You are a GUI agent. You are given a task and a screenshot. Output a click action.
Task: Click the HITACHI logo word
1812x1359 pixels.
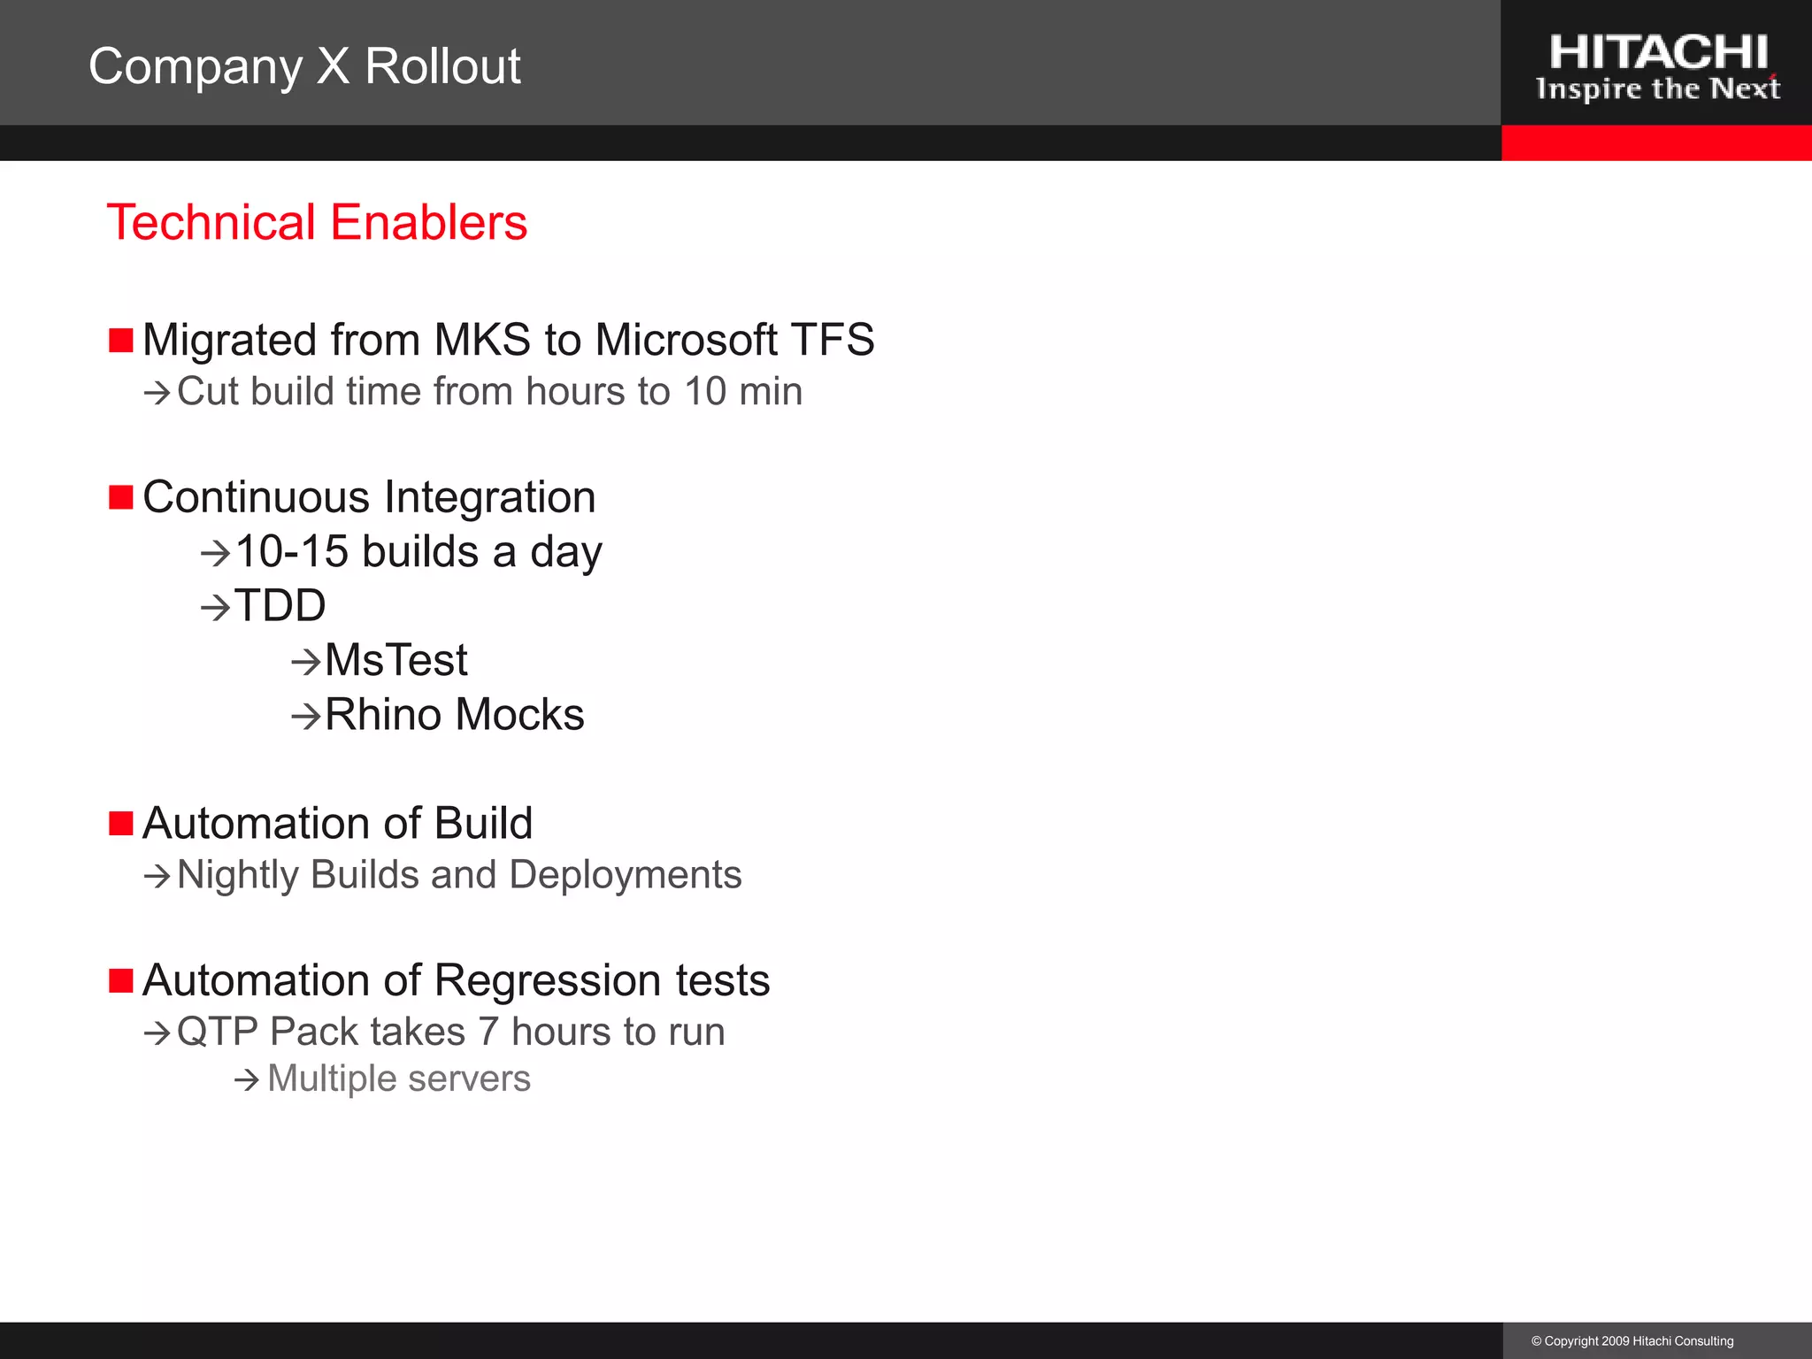(1657, 53)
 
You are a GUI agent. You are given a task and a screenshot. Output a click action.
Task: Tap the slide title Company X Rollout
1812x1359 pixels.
(304, 66)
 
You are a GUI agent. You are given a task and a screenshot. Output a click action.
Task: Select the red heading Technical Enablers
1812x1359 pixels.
(317, 222)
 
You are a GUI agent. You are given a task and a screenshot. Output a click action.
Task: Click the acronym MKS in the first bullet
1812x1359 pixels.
(482, 340)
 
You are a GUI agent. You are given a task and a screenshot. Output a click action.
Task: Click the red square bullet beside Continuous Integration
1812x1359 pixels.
(120, 497)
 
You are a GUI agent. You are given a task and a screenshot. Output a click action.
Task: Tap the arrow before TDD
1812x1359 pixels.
(215, 608)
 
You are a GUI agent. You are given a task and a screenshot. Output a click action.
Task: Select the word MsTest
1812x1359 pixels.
(395, 660)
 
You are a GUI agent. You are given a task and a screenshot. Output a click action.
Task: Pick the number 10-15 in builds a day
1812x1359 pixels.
(292, 552)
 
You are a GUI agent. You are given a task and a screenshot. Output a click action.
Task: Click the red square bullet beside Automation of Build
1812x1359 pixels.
(120, 824)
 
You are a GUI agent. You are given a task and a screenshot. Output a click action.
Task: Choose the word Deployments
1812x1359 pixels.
(626, 875)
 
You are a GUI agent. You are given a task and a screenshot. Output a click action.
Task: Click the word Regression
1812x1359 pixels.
(548, 980)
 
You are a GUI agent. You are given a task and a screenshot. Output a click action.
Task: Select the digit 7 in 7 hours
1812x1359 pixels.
(488, 1032)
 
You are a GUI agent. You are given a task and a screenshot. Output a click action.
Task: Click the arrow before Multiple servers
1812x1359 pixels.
(247, 1079)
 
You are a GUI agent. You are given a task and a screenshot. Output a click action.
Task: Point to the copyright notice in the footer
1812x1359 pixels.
(1632, 1341)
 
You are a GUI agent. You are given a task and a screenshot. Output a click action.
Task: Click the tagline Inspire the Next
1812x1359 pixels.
(1657, 89)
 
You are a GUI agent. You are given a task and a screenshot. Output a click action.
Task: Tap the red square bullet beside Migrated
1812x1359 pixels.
(120, 340)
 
